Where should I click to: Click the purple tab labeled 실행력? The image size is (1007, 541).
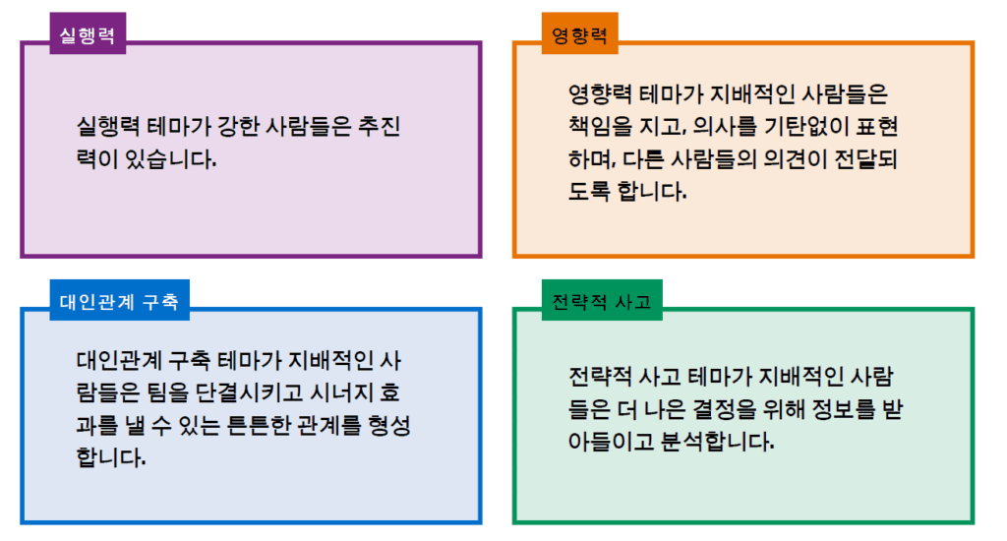pos(88,33)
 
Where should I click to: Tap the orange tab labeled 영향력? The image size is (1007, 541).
pos(579,33)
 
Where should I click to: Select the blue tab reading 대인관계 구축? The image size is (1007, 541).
pos(119,300)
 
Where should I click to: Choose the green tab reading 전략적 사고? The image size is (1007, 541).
pos(602,300)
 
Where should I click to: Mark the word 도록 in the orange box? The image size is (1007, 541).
pos(589,191)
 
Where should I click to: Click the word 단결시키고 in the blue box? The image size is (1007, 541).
pos(248,391)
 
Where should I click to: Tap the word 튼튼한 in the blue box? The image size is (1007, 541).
pos(260,425)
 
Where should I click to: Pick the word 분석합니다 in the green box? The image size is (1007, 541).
pos(717,441)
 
